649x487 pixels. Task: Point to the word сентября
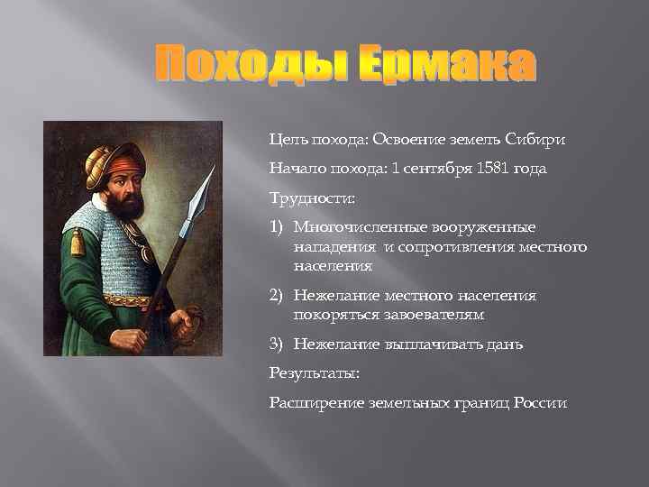pyautogui.click(x=437, y=169)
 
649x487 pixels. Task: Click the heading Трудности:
pyautogui.click(x=303, y=198)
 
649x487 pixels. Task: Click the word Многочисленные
pyautogui.click(x=356, y=226)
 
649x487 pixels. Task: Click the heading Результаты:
pyautogui.click(x=306, y=372)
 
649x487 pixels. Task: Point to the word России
pyautogui.click(x=539, y=402)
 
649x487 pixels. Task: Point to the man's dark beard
pyautogui.click(x=126, y=202)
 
